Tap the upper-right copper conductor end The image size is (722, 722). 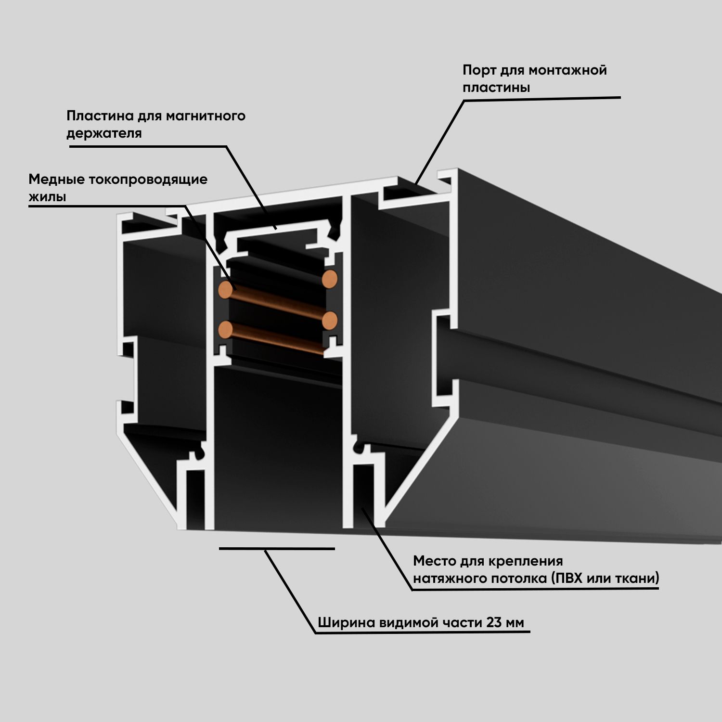[x=330, y=279]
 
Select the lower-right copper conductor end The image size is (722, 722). [x=330, y=320]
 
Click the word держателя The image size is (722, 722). [x=104, y=133]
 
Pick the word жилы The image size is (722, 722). [x=47, y=197]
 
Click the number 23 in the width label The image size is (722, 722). [x=494, y=622]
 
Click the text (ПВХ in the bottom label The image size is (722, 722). [x=565, y=578]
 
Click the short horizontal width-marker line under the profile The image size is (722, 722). [x=277, y=548]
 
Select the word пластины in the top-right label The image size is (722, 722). [x=496, y=88]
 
